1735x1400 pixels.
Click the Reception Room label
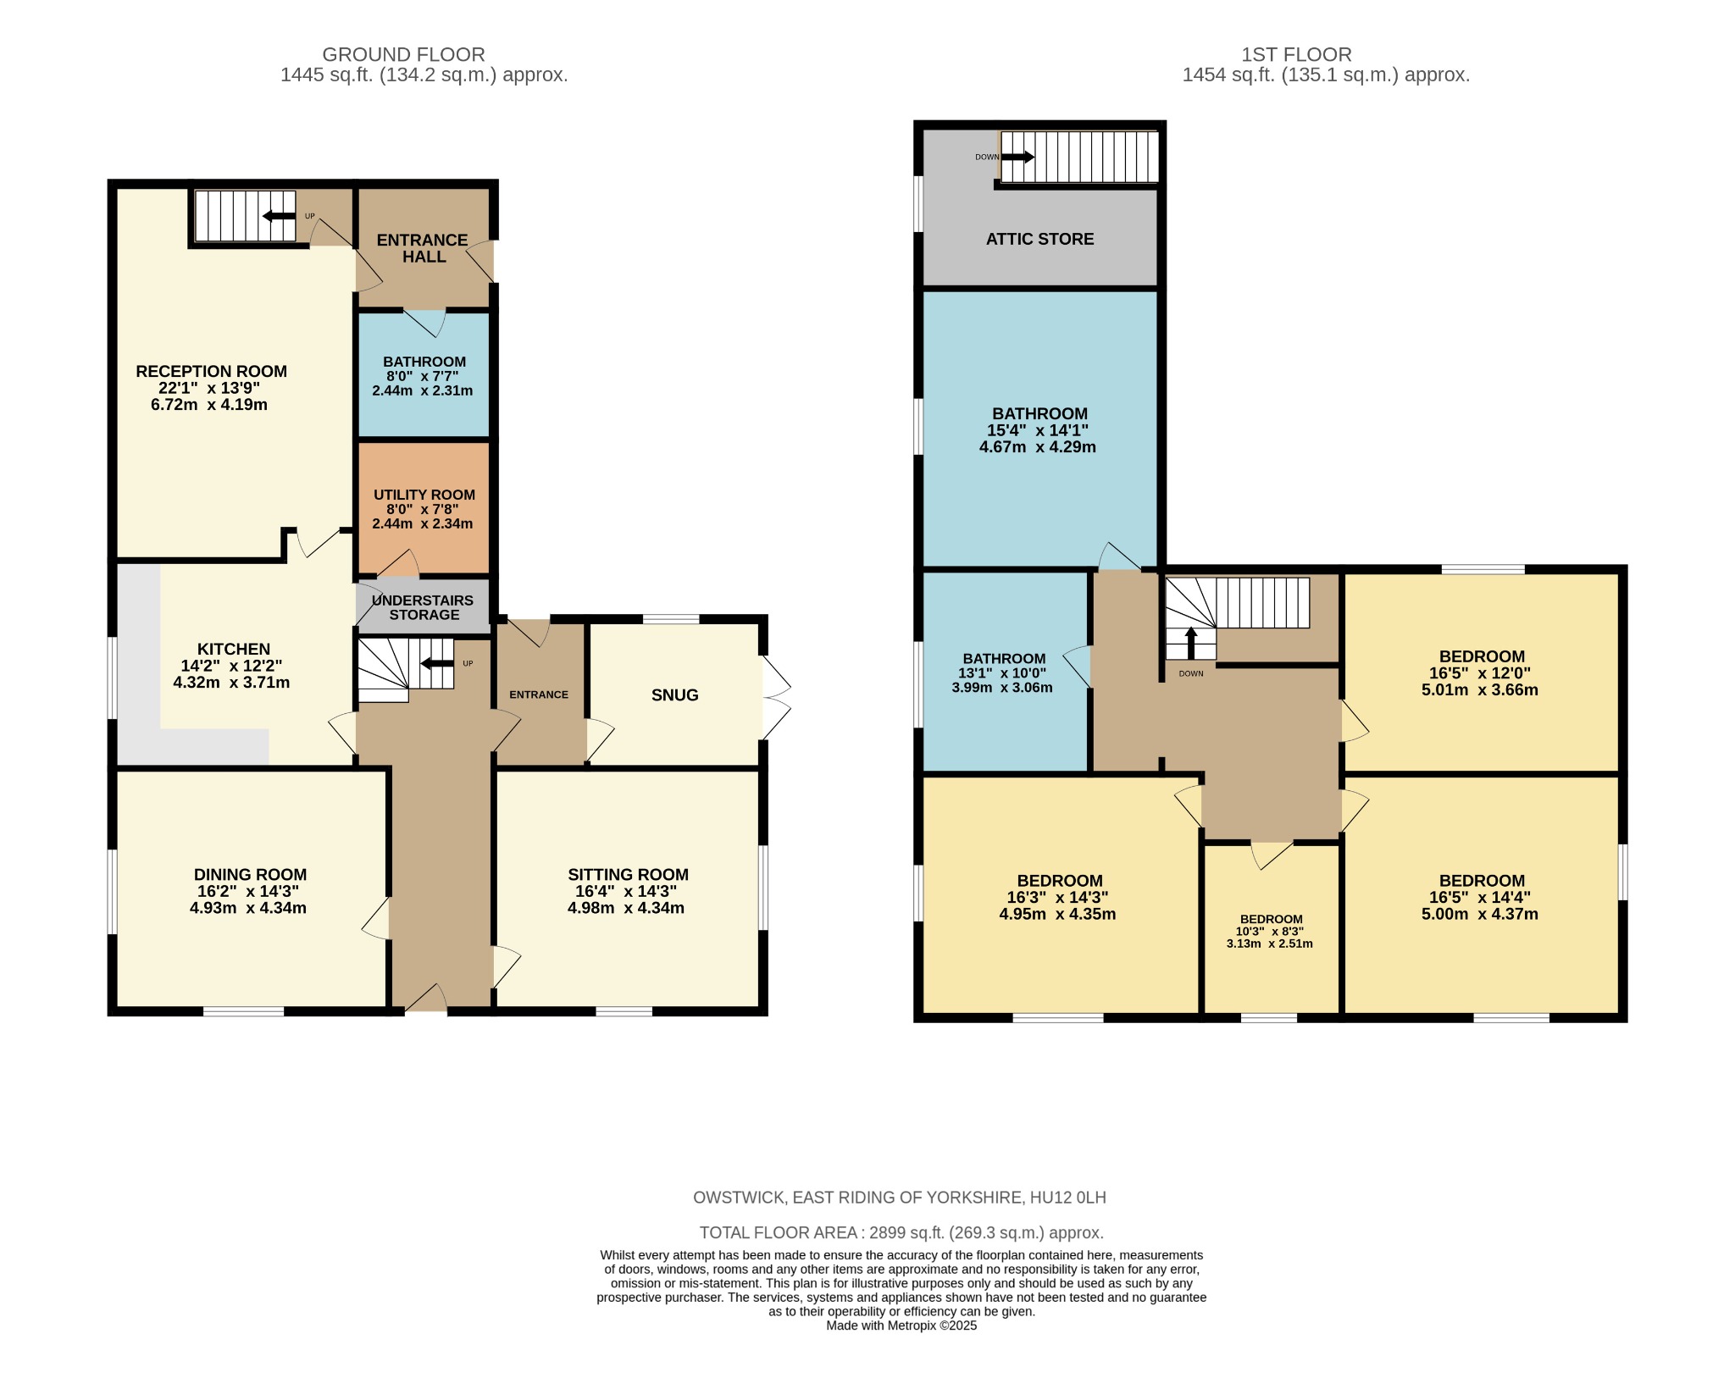pos(211,371)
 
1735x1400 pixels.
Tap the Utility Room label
pos(424,495)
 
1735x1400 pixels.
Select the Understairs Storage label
pos(424,607)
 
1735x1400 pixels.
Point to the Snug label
pos(675,695)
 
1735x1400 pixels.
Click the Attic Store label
pos(1039,239)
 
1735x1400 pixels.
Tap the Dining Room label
pos(250,875)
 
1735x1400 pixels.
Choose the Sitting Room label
pos(628,875)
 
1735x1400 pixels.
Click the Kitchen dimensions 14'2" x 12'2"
pos(231,667)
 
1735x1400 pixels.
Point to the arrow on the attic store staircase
pos(1017,157)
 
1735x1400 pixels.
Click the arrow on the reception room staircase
pos(279,216)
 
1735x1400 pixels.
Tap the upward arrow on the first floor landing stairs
pos(1190,643)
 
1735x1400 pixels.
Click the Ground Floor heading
pos(403,55)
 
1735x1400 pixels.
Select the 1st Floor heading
pos(1296,55)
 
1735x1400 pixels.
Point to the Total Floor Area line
pos(901,1233)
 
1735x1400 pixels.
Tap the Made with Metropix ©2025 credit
pos(901,1326)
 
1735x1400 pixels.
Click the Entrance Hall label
pos(423,248)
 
